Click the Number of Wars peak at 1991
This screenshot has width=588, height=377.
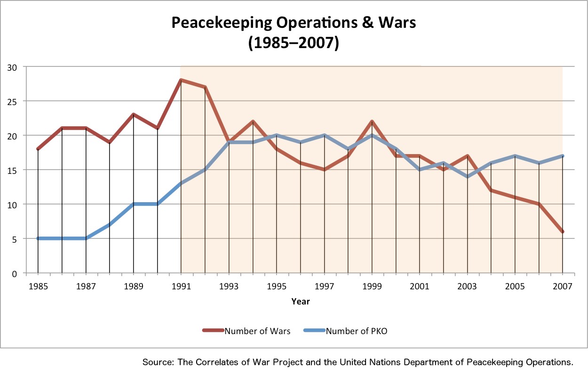pyautogui.click(x=181, y=80)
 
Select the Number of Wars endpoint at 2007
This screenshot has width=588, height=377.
pyautogui.click(x=563, y=231)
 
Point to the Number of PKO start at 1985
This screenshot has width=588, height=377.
pyautogui.click(x=38, y=238)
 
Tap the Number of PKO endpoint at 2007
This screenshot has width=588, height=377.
pyautogui.click(x=563, y=156)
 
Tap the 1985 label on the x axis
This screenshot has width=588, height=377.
pyautogui.click(x=38, y=286)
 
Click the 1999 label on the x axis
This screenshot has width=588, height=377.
pyautogui.click(x=372, y=286)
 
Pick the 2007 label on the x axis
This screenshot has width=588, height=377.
pyautogui.click(x=563, y=286)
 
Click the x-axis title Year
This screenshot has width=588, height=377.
pyautogui.click(x=300, y=301)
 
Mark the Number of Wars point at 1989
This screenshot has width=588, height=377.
pyautogui.click(x=134, y=115)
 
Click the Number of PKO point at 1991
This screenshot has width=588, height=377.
pyautogui.click(x=181, y=184)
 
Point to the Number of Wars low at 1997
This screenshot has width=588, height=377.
pyautogui.click(x=324, y=170)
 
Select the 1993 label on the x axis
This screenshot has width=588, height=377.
pyautogui.click(x=229, y=286)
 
